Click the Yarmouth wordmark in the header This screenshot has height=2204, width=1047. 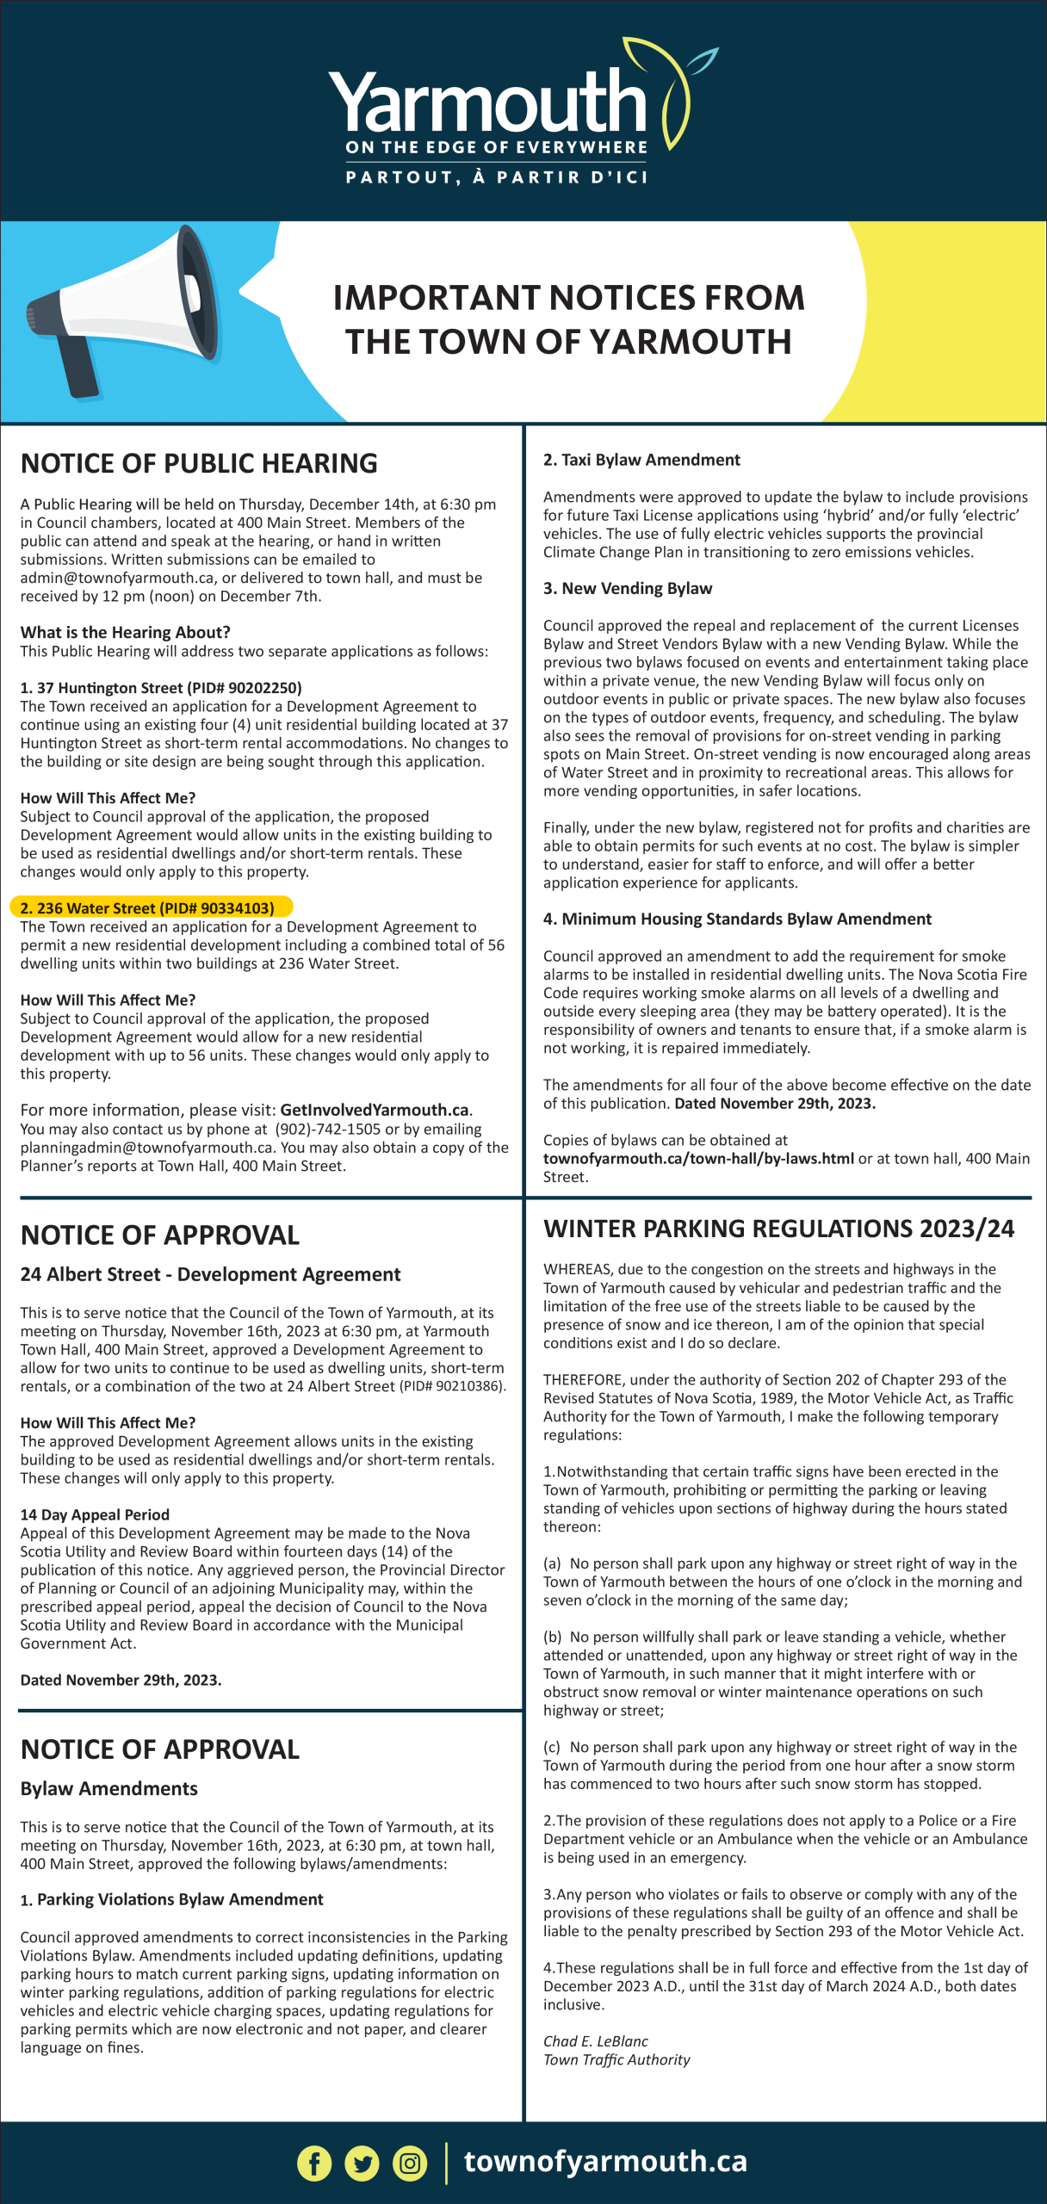pos(487,103)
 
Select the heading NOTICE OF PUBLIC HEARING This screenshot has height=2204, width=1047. pos(199,463)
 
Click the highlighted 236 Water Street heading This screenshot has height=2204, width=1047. pos(147,908)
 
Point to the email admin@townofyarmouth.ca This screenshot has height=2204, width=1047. pos(117,578)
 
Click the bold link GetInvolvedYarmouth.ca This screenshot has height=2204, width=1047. pos(375,1111)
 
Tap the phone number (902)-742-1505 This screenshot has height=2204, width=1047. pos(334,1130)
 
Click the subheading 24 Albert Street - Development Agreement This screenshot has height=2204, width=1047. pos(210,1274)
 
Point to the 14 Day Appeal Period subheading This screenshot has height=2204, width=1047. pos(95,1514)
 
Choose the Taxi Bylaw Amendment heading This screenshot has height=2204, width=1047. pos(641,460)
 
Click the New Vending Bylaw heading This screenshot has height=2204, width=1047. pos(628,588)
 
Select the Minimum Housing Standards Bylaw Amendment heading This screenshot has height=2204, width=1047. pos(737,919)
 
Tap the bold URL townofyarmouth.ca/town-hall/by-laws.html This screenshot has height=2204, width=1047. pos(698,1159)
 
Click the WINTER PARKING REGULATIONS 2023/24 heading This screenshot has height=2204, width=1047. pos(778,1229)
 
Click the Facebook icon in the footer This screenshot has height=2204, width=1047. pos(314,2163)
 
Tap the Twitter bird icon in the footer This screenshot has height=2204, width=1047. pos(362,2163)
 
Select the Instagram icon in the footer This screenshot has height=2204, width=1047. pos(410,2163)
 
